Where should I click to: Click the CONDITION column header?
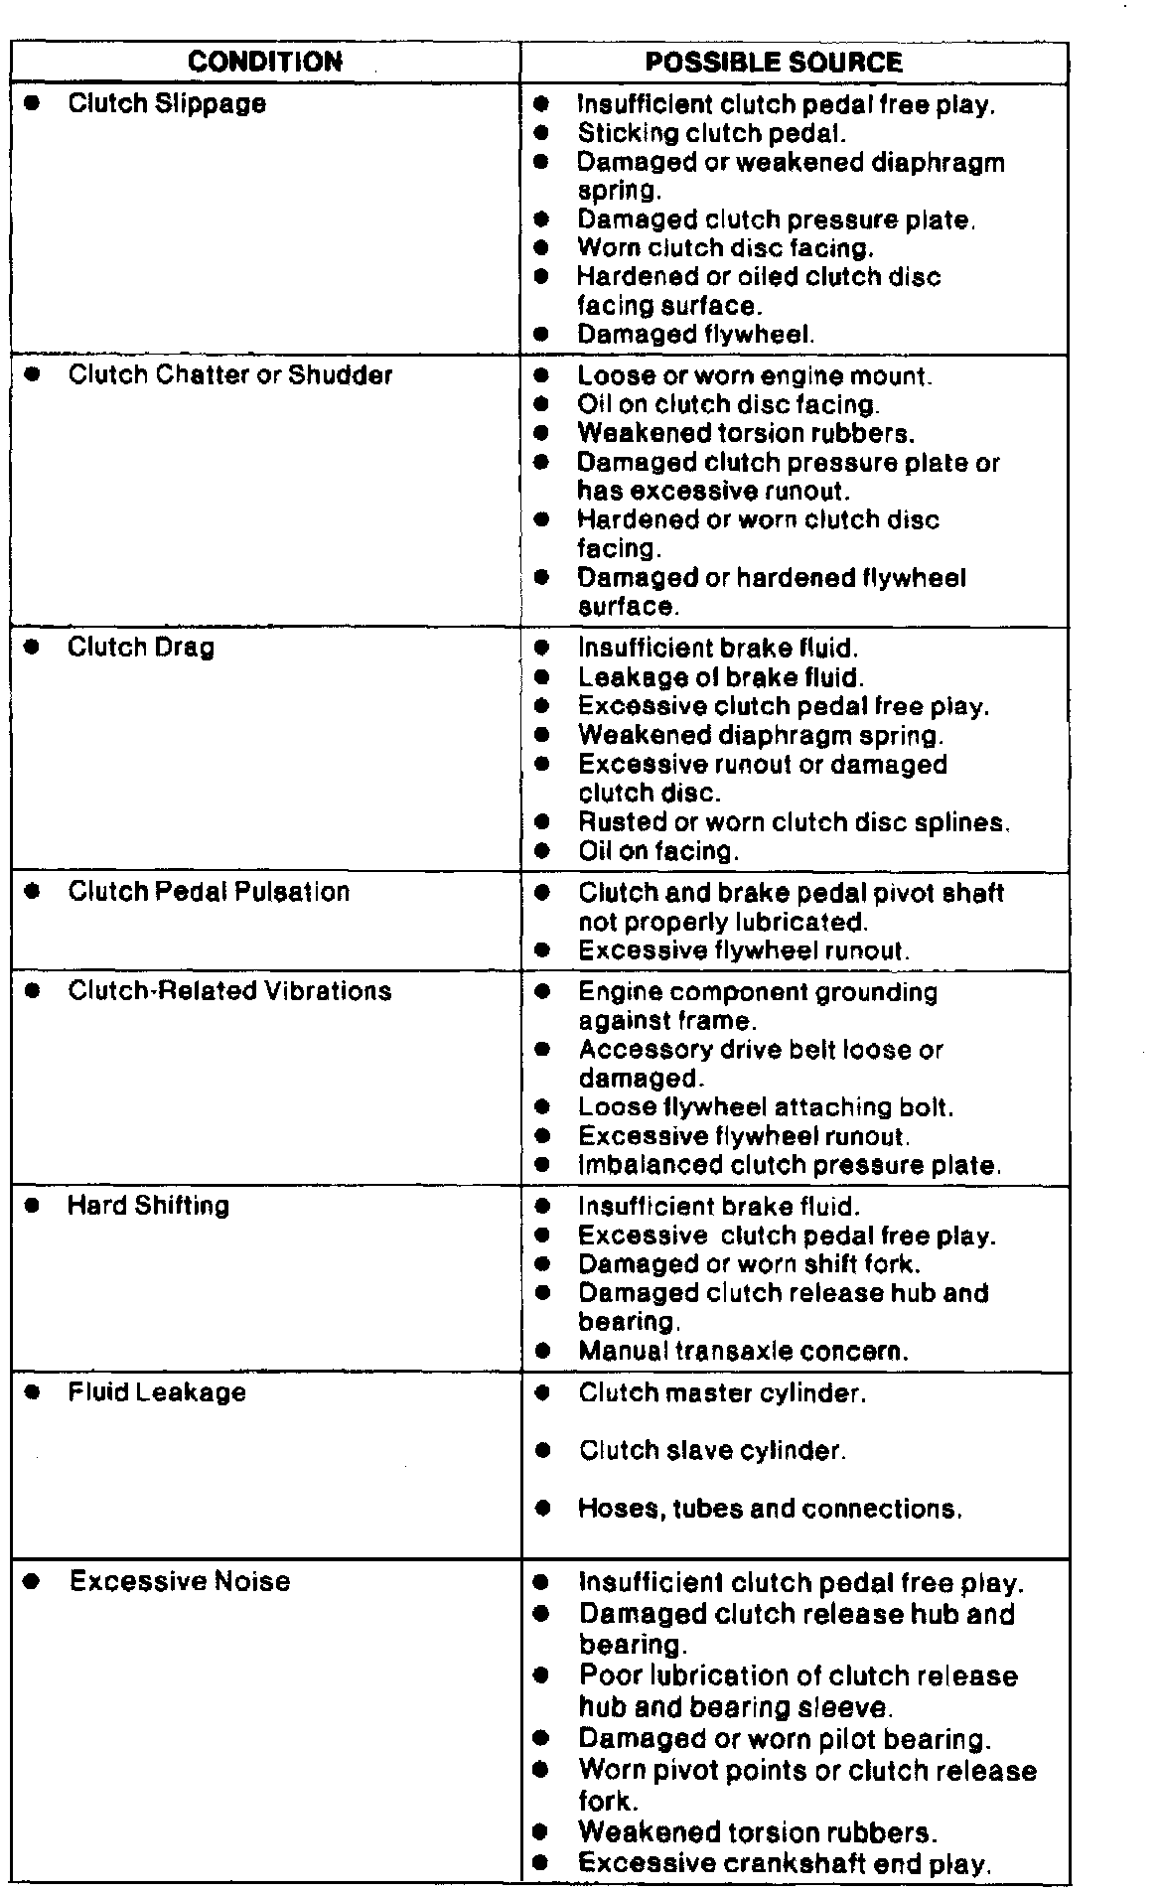[264, 63]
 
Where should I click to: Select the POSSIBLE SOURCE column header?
[774, 63]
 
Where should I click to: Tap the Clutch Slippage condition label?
[167, 103]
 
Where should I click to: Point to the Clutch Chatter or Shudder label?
[229, 375]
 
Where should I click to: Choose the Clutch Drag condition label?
[141, 648]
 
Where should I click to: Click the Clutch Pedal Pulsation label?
[209, 892]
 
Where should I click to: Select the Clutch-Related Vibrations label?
[229, 991]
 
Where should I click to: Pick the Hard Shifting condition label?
[148, 1206]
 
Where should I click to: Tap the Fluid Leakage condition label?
[157, 1392]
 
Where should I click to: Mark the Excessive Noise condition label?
[180, 1581]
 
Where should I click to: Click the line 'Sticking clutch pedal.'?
[712, 133]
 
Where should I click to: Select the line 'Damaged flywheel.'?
[696, 335]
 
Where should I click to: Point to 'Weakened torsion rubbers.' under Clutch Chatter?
[746, 434]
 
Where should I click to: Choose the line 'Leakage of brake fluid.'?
[721, 677]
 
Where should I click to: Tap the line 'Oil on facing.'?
[659, 851]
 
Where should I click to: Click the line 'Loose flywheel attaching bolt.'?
[766, 1107]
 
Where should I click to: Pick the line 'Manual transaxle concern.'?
[744, 1351]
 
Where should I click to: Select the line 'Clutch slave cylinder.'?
[712, 1451]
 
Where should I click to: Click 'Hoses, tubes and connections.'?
[771, 1510]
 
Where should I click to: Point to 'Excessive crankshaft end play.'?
[785, 1863]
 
